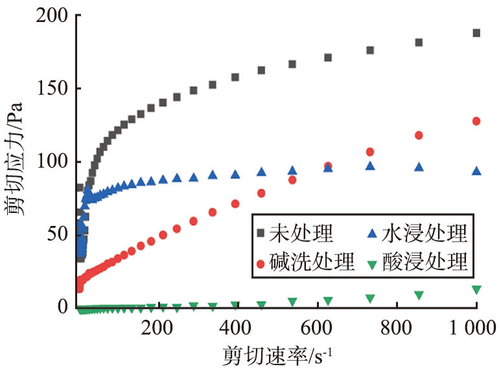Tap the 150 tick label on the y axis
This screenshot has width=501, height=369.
tap(47, 89)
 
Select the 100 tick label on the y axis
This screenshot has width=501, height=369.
tap(47, 162)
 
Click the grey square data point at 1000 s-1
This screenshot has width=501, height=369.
tap(476, 33)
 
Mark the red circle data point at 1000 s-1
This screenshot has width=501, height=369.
tap(476, 121)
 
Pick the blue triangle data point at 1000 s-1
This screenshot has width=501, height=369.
tap(476, 171)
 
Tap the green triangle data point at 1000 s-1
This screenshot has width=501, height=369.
tap(476, 289)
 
